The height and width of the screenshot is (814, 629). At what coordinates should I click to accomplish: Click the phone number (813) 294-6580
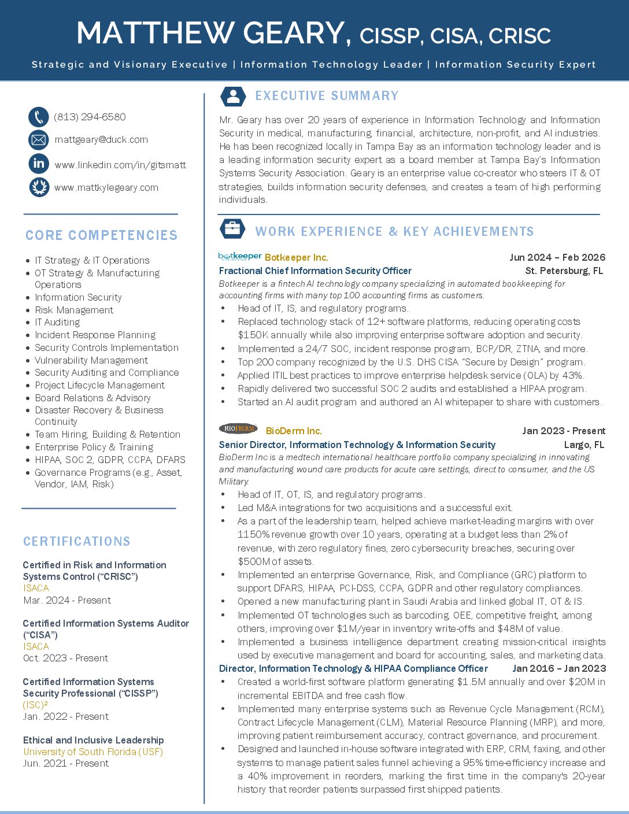90,117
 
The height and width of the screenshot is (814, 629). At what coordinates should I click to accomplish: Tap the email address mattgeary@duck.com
101,139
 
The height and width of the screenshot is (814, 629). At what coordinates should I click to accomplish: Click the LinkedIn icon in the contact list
39,164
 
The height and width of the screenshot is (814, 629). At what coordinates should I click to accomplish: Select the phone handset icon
39,117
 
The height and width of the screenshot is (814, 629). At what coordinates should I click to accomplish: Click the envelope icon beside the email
39,139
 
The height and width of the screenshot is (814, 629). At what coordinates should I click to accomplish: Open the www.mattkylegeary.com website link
106,187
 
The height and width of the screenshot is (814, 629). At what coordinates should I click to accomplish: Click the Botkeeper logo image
240,256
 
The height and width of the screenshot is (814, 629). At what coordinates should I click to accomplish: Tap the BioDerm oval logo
238,428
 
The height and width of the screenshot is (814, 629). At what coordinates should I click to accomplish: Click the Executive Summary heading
327,96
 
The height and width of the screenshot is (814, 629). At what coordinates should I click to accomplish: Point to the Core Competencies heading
102,235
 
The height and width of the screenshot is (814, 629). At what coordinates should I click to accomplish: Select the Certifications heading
77,542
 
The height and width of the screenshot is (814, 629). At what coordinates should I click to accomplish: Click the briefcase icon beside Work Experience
232,229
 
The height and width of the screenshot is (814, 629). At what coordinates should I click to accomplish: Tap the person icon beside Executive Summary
234,97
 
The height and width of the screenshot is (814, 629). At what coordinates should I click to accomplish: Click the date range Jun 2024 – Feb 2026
557,257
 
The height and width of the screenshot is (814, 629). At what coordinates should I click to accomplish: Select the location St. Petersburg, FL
564,271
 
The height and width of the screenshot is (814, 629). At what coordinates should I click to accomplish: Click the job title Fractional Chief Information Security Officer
315,271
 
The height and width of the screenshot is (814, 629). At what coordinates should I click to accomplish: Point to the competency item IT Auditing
57,322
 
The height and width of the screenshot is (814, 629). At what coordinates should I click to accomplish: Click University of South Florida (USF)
93,752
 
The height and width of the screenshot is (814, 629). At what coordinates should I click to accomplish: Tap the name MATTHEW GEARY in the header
214,34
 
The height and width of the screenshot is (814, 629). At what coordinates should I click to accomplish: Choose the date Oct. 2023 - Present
65,658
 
